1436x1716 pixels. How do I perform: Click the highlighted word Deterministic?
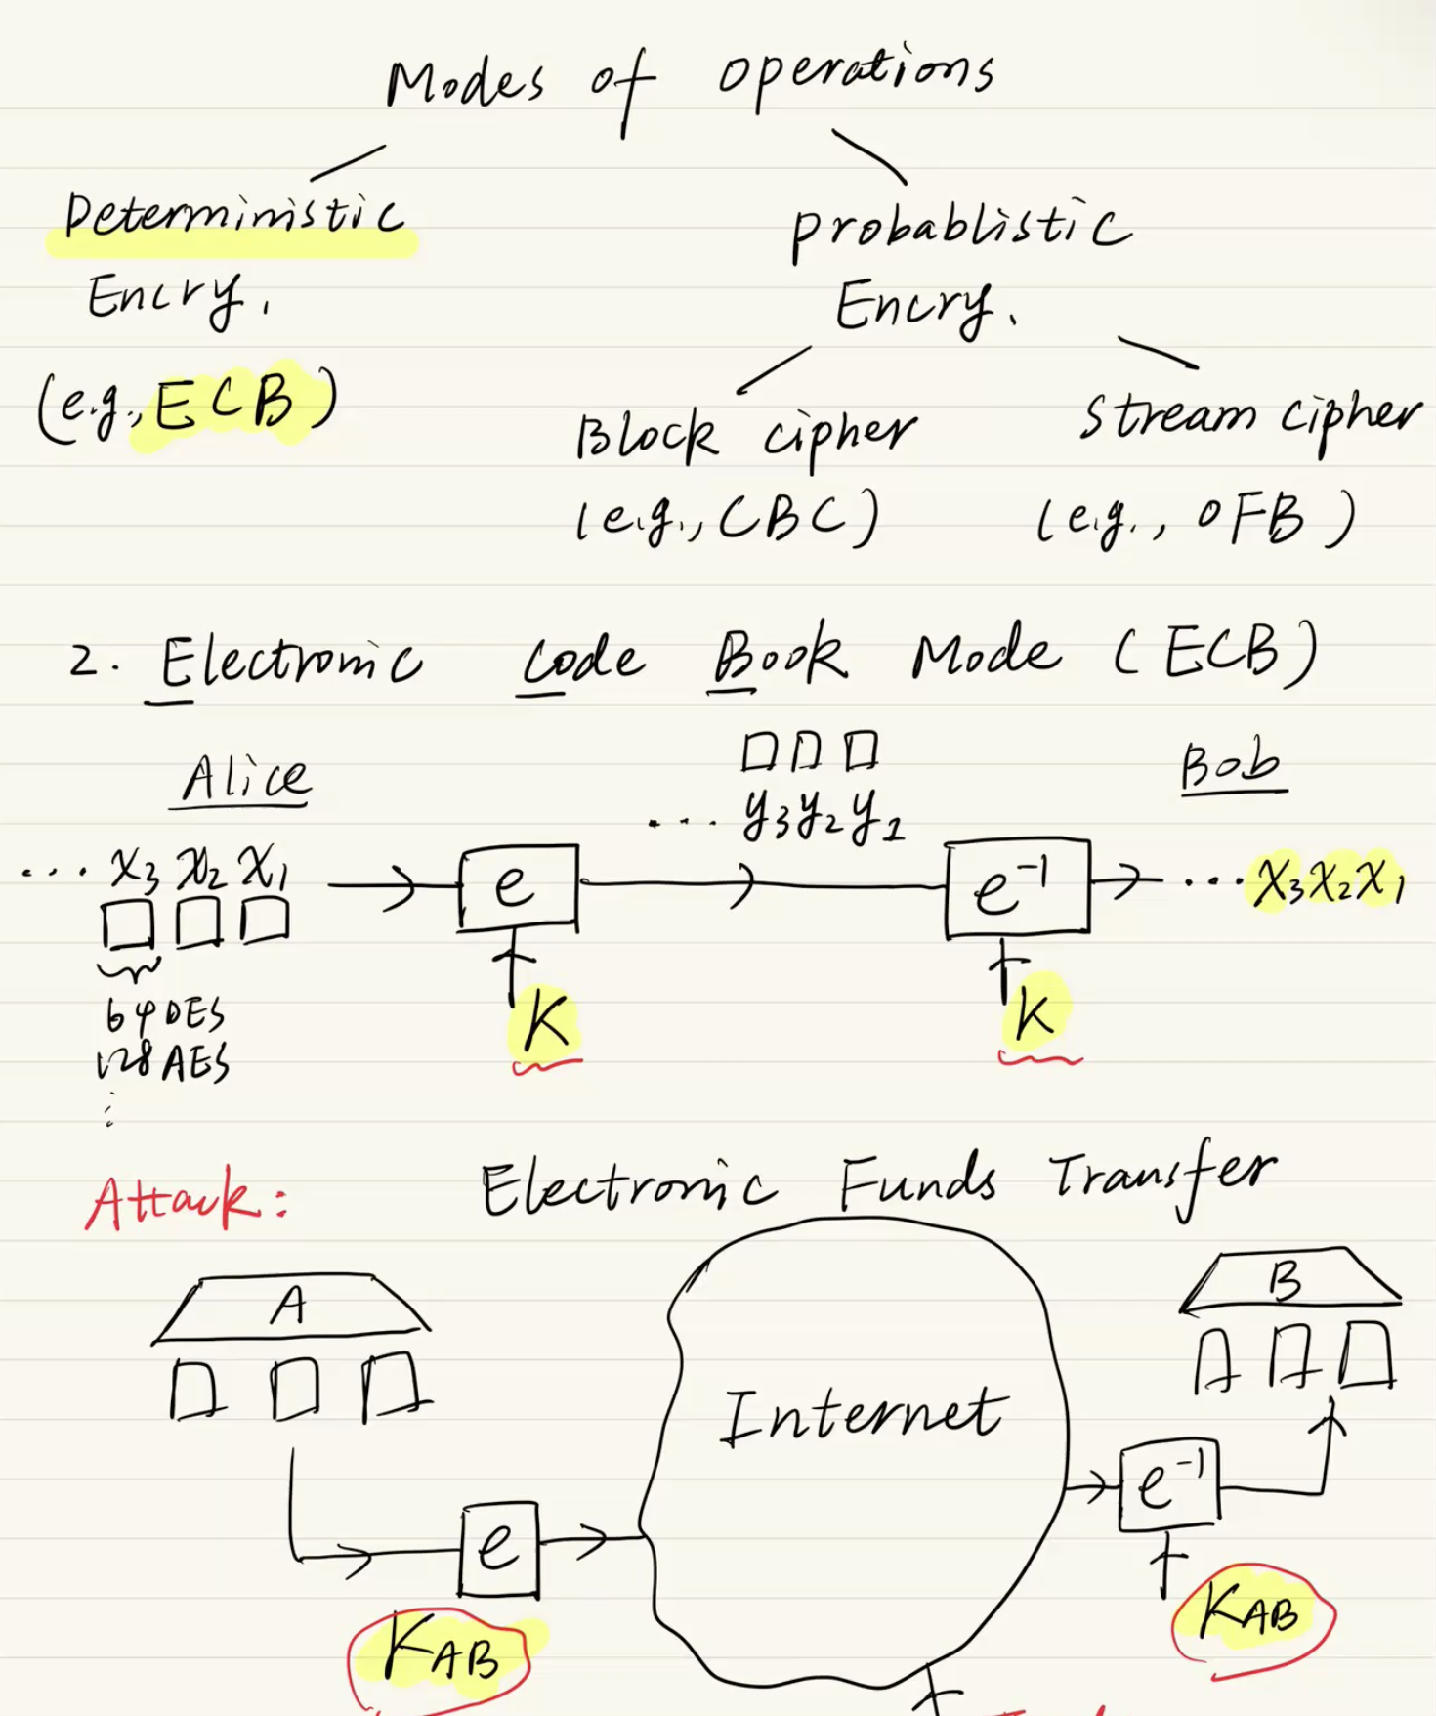coord(232,217)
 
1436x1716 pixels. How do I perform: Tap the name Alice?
coord(245,779)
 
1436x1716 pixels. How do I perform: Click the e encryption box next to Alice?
coord(518,886)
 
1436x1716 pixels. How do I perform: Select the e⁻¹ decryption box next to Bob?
coord(1017,888)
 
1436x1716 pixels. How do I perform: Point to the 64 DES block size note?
coord(164,1015)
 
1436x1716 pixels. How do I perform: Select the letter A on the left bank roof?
coord(289,1305)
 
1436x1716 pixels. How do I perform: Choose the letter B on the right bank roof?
coord(1286,1281)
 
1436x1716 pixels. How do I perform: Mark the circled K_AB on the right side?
coord(1250,1611)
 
